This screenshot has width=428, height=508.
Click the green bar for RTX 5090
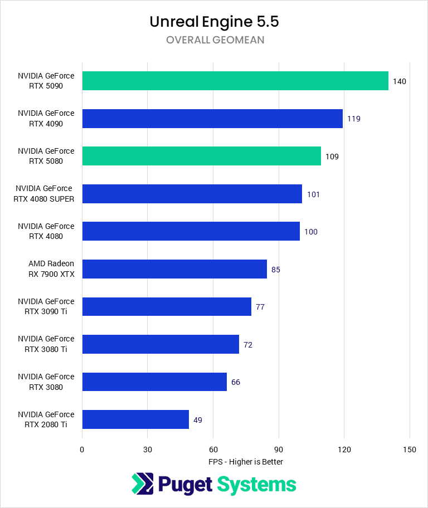coord(235,81)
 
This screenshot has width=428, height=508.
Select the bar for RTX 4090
coord(212,119)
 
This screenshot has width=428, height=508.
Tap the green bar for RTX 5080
coord(201,156)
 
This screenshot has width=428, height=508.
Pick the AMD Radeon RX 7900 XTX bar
coord(174,269)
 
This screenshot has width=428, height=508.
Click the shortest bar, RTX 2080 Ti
coord(135,419)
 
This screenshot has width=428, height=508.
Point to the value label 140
coord(399,81)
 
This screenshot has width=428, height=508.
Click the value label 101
coord(313,194)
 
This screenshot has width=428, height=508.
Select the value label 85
coord(275,270)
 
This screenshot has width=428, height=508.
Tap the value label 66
coord(236,382)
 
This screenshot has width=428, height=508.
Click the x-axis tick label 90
coord(279,450)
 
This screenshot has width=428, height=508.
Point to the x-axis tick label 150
coord(410,450)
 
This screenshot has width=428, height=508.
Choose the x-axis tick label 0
coord(82,450)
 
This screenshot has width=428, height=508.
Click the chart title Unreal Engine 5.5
coord(214,22)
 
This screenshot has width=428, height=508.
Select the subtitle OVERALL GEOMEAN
coord(214,40)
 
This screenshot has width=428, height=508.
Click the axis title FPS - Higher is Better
coord(246,462)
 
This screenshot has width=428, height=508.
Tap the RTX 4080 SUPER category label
coord(46,194)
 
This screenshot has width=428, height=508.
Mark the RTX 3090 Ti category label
coord(46,306)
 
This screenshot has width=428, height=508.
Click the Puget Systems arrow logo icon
coord(142,484)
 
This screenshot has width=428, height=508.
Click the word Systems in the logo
coord(256,484)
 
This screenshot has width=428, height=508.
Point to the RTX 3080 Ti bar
coord(160,344)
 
